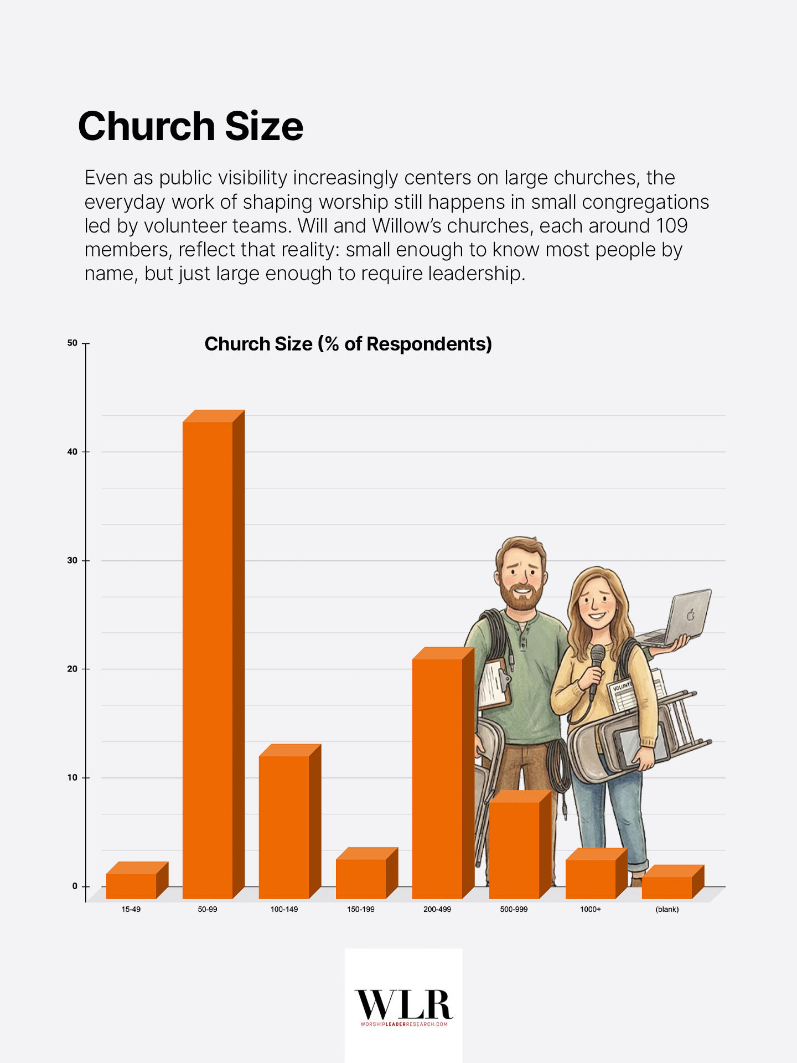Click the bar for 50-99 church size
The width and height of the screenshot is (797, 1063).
click(208, 659)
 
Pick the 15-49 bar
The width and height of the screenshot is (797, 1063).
click(131, 885)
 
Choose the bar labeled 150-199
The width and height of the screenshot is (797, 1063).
click(361, 878)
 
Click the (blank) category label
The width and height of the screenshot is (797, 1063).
click(667, 910)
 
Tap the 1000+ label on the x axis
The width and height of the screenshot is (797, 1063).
click(590, 910)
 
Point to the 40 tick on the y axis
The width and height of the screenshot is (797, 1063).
click(72, 452)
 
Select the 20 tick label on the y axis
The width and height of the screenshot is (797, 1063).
click(72, 669)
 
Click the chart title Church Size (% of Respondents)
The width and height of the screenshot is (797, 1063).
click(348, 344)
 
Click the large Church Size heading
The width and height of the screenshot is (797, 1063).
click(190, 126)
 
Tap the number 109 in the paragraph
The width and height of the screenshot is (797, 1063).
click(671, 226)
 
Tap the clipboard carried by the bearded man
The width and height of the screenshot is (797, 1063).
click(493, 684)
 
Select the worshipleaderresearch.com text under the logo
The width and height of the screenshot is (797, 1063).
click(403, 1024)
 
